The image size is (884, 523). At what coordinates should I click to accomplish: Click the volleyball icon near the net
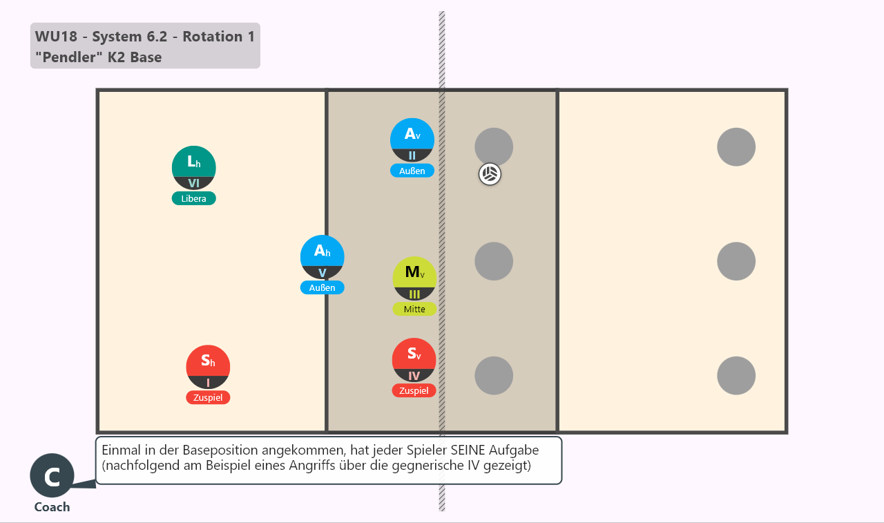(490, 174)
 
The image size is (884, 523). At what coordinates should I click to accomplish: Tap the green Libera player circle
(194, 168)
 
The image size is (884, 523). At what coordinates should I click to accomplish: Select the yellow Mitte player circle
(414, 278)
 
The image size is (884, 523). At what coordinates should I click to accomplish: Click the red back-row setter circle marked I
(208, 367)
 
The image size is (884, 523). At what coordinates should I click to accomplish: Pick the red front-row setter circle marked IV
(414, 360)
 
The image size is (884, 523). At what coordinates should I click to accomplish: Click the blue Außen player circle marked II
(412, 140)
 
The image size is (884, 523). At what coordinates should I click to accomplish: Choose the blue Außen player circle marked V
(322, 258)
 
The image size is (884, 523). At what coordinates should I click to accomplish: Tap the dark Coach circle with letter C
(52, 475)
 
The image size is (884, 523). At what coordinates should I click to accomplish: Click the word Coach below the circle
(52, 507)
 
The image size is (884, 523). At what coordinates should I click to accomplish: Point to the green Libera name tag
(194, 198)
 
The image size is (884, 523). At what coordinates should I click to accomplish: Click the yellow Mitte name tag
(414, 309)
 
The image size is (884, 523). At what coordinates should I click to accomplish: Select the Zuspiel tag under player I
(208, 397)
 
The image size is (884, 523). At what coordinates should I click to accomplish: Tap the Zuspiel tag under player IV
(414, 390)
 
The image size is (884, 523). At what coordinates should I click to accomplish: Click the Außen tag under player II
(412, 171)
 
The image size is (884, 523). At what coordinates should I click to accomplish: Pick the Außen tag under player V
(322, 287)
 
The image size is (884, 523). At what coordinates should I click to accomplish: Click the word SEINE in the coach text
(468, 450)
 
